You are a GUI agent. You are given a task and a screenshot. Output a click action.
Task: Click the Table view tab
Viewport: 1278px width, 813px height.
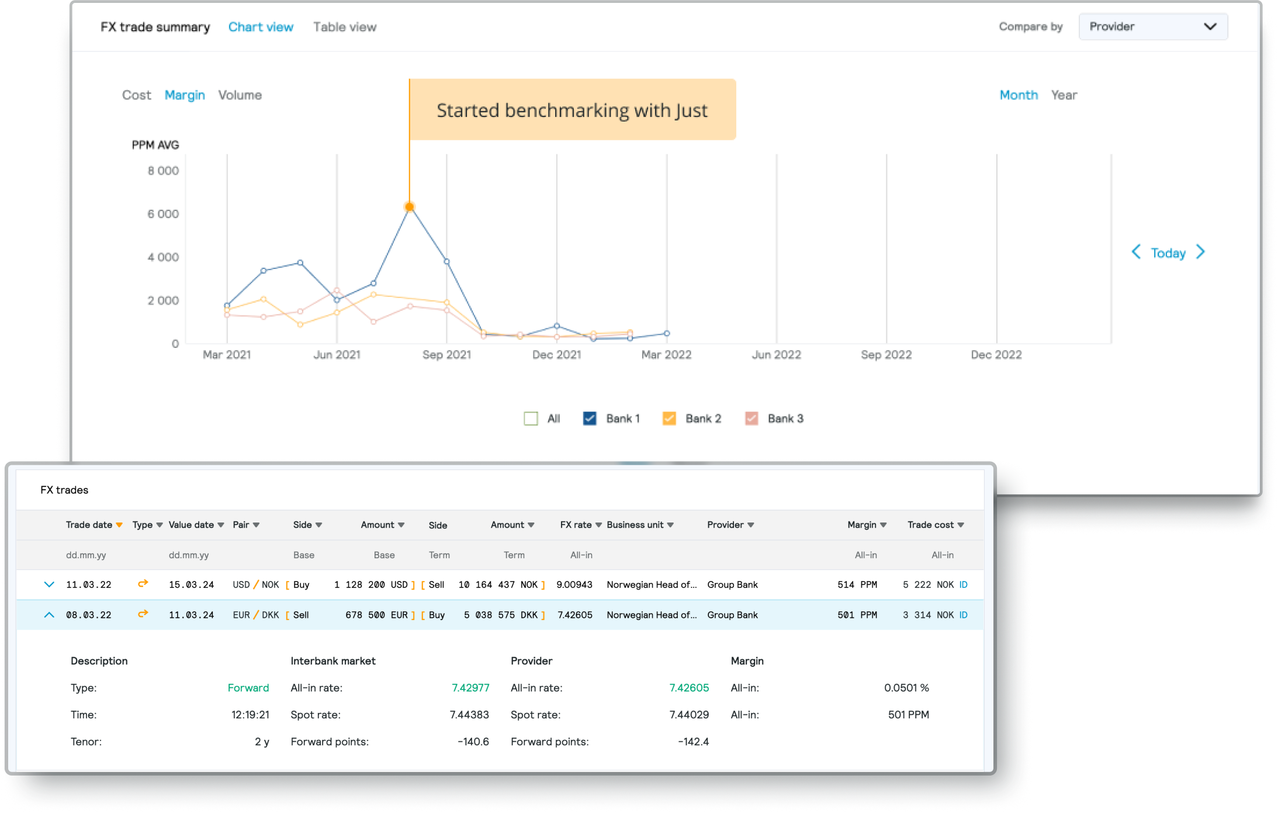[344, 27]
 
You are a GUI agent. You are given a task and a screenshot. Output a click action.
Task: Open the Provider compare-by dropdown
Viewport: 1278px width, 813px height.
[1152, 27]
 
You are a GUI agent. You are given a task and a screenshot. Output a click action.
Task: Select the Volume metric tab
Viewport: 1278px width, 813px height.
[240, 95]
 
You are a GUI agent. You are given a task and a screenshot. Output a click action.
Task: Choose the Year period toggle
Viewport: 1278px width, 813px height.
[1064, 95]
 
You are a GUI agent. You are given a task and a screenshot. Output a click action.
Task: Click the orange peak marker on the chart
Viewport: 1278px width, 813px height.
[410, 207]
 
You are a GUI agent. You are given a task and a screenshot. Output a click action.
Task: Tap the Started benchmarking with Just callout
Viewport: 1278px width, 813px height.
[572, 110]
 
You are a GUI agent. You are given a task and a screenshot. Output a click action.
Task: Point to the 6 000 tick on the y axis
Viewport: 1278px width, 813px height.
[163, 214]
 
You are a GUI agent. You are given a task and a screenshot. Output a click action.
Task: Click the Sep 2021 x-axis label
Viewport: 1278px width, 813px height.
[446, 355]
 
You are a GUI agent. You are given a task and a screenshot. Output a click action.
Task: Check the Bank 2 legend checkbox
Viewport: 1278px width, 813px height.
[669, 418]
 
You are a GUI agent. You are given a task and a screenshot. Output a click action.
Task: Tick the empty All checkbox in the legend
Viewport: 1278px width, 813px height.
[531, 418]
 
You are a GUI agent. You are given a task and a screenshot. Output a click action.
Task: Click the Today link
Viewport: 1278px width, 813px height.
[1168, 253]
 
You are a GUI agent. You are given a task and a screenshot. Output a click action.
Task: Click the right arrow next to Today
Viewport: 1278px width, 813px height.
[1200, 252]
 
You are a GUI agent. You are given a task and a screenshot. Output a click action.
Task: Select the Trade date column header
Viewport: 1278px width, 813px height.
[89, 525]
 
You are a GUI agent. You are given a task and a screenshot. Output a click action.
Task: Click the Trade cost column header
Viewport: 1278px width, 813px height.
[930, 525]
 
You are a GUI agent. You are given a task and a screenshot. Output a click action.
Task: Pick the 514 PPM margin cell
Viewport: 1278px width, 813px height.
[857, 584]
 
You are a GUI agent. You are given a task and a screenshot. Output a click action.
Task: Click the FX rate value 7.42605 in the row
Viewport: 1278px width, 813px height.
[574, 615]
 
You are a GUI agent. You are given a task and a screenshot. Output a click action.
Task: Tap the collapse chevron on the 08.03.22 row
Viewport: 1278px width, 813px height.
[49, 615]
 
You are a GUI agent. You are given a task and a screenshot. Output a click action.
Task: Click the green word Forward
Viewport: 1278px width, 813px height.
[248, 688]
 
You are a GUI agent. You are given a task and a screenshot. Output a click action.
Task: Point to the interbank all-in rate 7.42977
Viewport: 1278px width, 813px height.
[470, 688]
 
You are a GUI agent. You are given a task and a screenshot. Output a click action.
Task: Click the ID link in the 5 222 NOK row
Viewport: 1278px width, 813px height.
[963, 584]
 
